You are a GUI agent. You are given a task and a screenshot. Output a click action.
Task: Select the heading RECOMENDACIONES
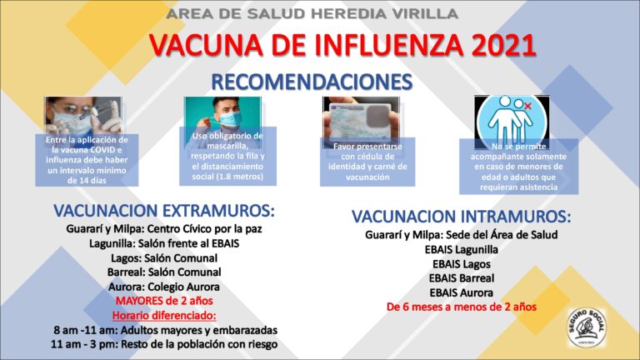[312, 82]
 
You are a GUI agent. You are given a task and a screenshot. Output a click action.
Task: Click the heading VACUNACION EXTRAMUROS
[164, 209]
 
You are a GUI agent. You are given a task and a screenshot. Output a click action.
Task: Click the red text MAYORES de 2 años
[164, 301]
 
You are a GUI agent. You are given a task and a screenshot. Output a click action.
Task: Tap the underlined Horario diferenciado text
[164, 315]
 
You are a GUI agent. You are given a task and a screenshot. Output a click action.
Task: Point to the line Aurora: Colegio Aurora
[164, 287]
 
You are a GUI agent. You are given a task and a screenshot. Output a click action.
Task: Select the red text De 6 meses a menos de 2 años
[461, 307]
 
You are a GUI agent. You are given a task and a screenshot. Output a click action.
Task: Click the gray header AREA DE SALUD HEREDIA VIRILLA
[312, 14]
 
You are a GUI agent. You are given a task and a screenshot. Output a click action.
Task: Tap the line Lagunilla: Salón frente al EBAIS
[164, 243]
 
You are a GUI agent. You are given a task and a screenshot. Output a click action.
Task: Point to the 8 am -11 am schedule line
[164, 330]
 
